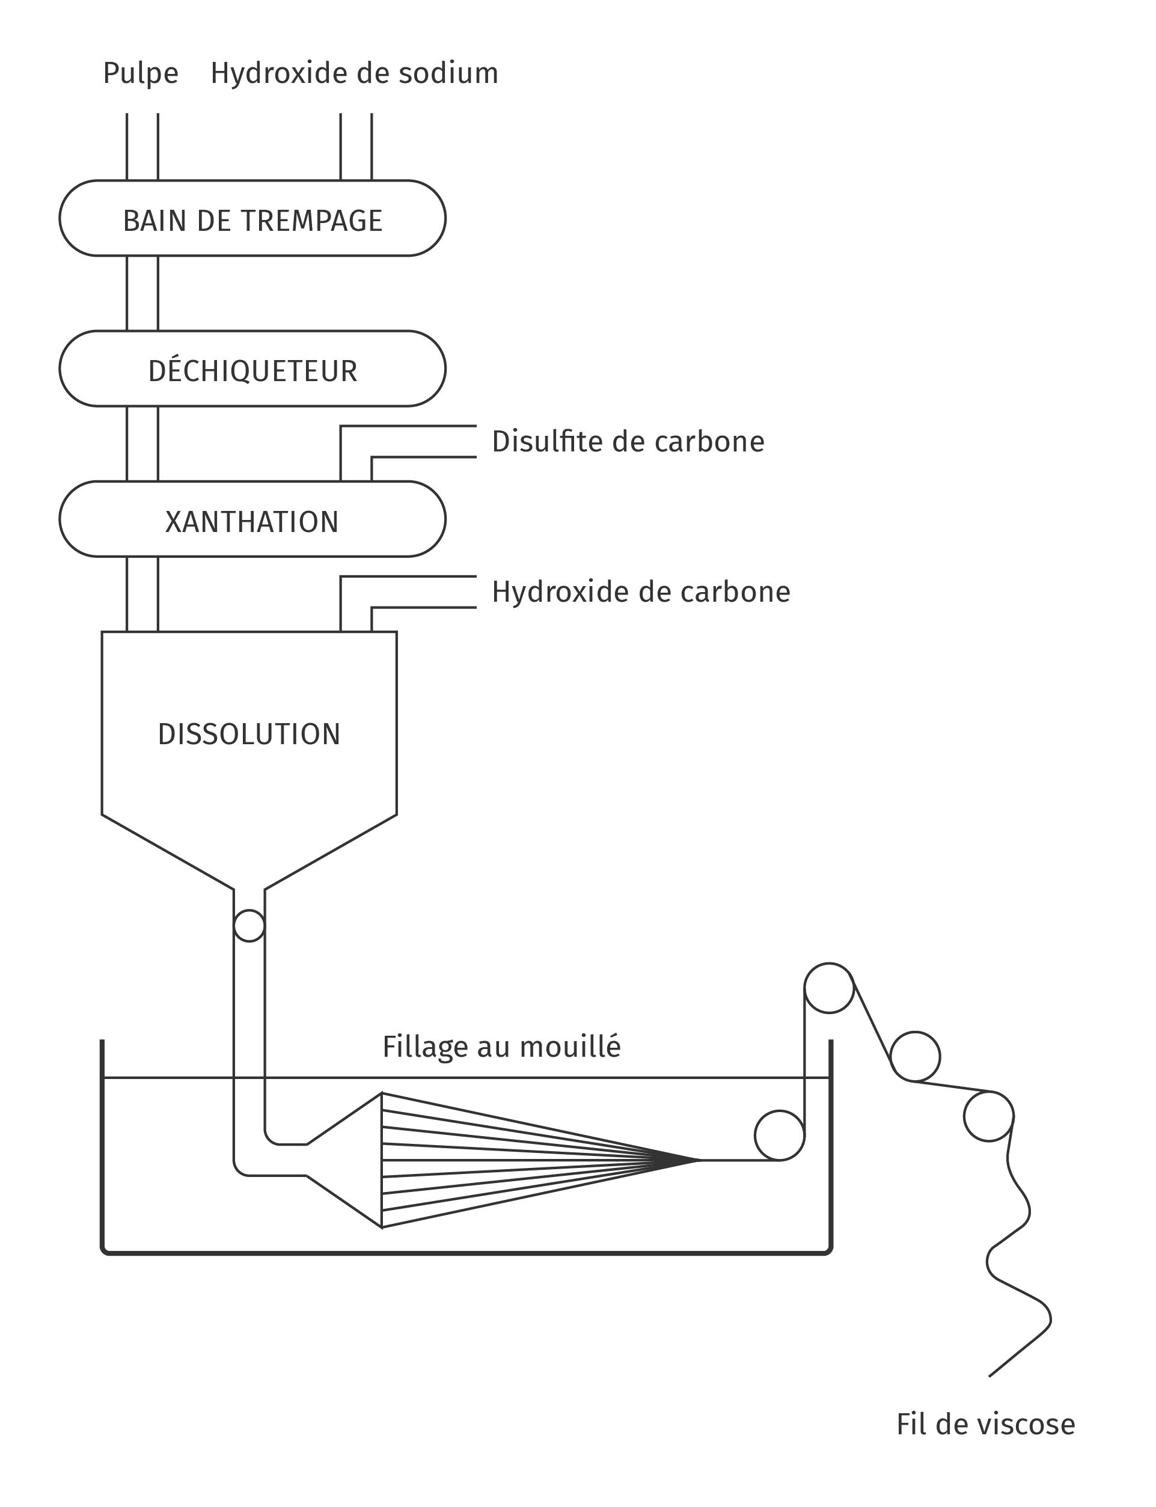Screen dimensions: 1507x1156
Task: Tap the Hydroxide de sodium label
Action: click(x=353, y=73)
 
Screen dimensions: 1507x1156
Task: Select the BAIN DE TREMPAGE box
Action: click(x=252, y=219)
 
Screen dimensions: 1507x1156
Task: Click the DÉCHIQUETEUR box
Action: click(x=252, y=370)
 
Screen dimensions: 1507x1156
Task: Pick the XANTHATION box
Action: click(x=252, y=520)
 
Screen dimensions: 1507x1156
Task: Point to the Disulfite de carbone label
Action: click(x=628, y=442)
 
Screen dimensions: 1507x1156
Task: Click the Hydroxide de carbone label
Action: click(x=641, y=591)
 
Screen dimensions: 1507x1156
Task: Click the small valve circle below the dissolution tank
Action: click(x=249, y=926)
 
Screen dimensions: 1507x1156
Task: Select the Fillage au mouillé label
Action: click(x=501, y=1047)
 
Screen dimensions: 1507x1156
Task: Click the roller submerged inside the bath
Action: click(x=779, y=1136)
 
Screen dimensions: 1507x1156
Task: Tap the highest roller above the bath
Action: click(x=828, y=988)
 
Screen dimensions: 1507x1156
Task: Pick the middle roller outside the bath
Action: click(x=914, y=1056)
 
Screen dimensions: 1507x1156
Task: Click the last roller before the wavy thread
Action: click(x=988, y=1116)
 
